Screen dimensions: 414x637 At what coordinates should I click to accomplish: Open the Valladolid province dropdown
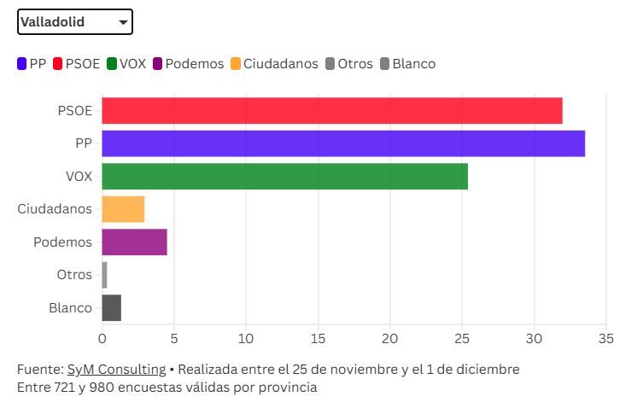tap(75, 22)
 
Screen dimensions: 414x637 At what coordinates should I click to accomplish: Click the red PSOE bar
tap(331, 111)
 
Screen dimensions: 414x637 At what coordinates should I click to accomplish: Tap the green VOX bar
tap(284, 177)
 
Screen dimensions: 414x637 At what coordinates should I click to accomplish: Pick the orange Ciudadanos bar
tap(123, 209)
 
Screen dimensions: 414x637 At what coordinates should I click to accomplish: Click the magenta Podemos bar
tap(134, 242)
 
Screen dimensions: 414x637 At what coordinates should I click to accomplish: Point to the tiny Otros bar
tap(104, 275)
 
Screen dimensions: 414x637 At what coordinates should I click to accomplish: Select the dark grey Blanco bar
tap(111, 307)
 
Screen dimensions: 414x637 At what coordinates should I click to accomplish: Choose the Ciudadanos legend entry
tap(274, 64)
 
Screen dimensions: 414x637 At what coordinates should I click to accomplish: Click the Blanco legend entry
tap(407, 64)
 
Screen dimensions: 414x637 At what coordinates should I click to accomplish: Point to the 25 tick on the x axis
tap(462, 338)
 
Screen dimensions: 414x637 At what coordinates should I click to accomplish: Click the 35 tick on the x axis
tap(606, 338)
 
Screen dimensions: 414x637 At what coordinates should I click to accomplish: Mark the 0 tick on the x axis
tap(102, 338)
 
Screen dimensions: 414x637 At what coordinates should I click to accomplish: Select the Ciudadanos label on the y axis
tap(55, 209)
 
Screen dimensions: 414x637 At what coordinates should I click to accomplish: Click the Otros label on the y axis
tap(74, 275)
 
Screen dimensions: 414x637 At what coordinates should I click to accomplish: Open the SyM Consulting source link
tap(116, 370)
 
